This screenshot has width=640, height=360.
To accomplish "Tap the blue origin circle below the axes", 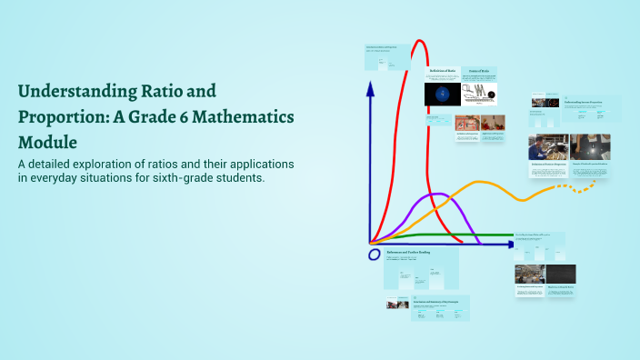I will [x=374, y=255].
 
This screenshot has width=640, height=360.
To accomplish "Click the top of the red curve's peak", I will [x=419, y=41].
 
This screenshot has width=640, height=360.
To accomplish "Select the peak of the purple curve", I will [x=439, y=194].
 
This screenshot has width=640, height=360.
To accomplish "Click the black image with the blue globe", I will [x=442, y=94].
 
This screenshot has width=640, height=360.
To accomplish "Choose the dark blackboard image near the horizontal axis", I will [x=560, y=274].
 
